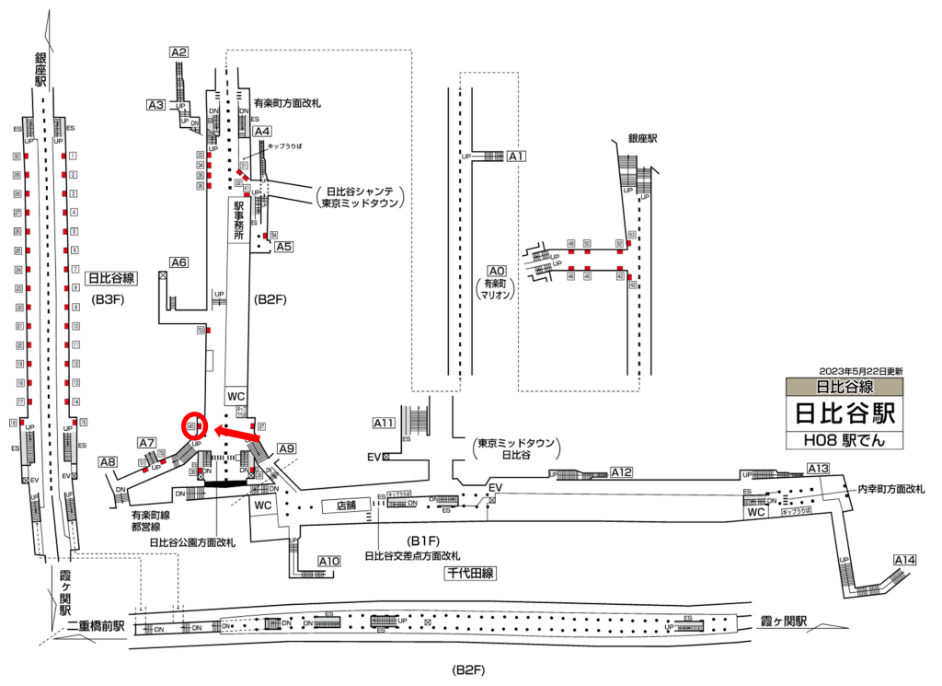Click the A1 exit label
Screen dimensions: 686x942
pyautogui.click(x=516, y=157)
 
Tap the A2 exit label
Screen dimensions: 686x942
pyautogui.click(x=179, y=52)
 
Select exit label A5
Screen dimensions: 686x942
pyautogui.click(x=283, y=246)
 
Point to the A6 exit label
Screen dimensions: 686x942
pyautogui.click(x=179, y=262)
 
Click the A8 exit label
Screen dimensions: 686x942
pyautogui.click(x=109, y=462)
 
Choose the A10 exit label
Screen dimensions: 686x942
pyautogui.click(x=329, y=561)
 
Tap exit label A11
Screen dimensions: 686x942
pyautogui.click(x=384, y=423)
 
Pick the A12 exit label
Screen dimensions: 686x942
pyautogui.click(x=621, y=472)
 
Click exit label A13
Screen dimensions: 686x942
pyautogui.click(x=818, y=469)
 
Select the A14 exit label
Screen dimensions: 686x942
pyautogui.click(x=905, y=559)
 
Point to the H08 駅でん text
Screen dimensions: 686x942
pyautogui.click(x=845, y=440)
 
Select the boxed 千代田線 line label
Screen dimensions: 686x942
pyautogui.click(x=470, y=573)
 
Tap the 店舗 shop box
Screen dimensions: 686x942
pyautogui.click(x=347, y=505)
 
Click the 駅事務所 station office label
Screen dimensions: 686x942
pyautogui.click(x=238, y=222)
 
